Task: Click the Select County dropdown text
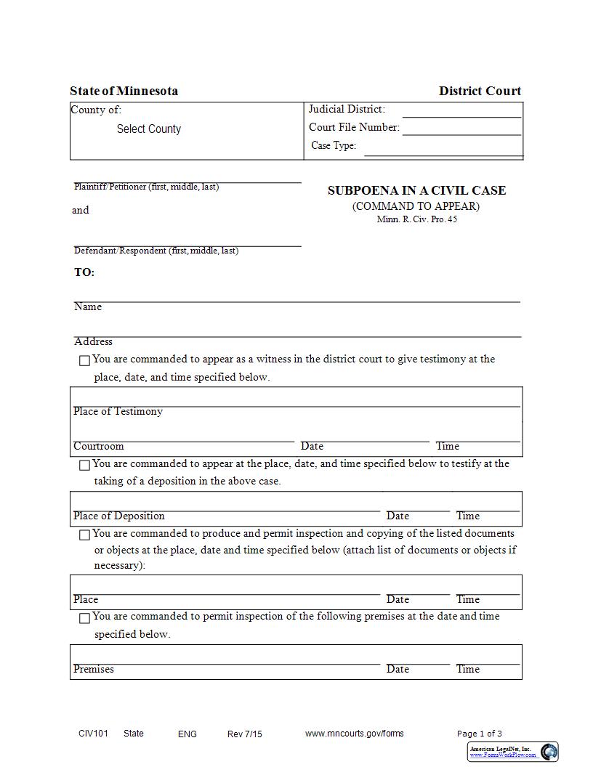148,129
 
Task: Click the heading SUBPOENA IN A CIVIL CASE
416,190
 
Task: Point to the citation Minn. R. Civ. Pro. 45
416,219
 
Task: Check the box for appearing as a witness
84,360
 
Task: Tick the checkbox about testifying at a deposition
84,465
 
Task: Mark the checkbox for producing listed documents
84,535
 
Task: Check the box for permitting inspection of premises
84,618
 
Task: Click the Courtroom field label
99,446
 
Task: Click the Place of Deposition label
119,516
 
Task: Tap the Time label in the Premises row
468,669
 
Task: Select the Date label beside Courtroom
312,446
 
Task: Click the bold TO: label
84,272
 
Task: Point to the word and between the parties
80,210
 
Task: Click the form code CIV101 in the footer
93,734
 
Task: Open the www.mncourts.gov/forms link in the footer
354,734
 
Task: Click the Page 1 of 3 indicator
479,734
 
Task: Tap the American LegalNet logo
512,752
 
